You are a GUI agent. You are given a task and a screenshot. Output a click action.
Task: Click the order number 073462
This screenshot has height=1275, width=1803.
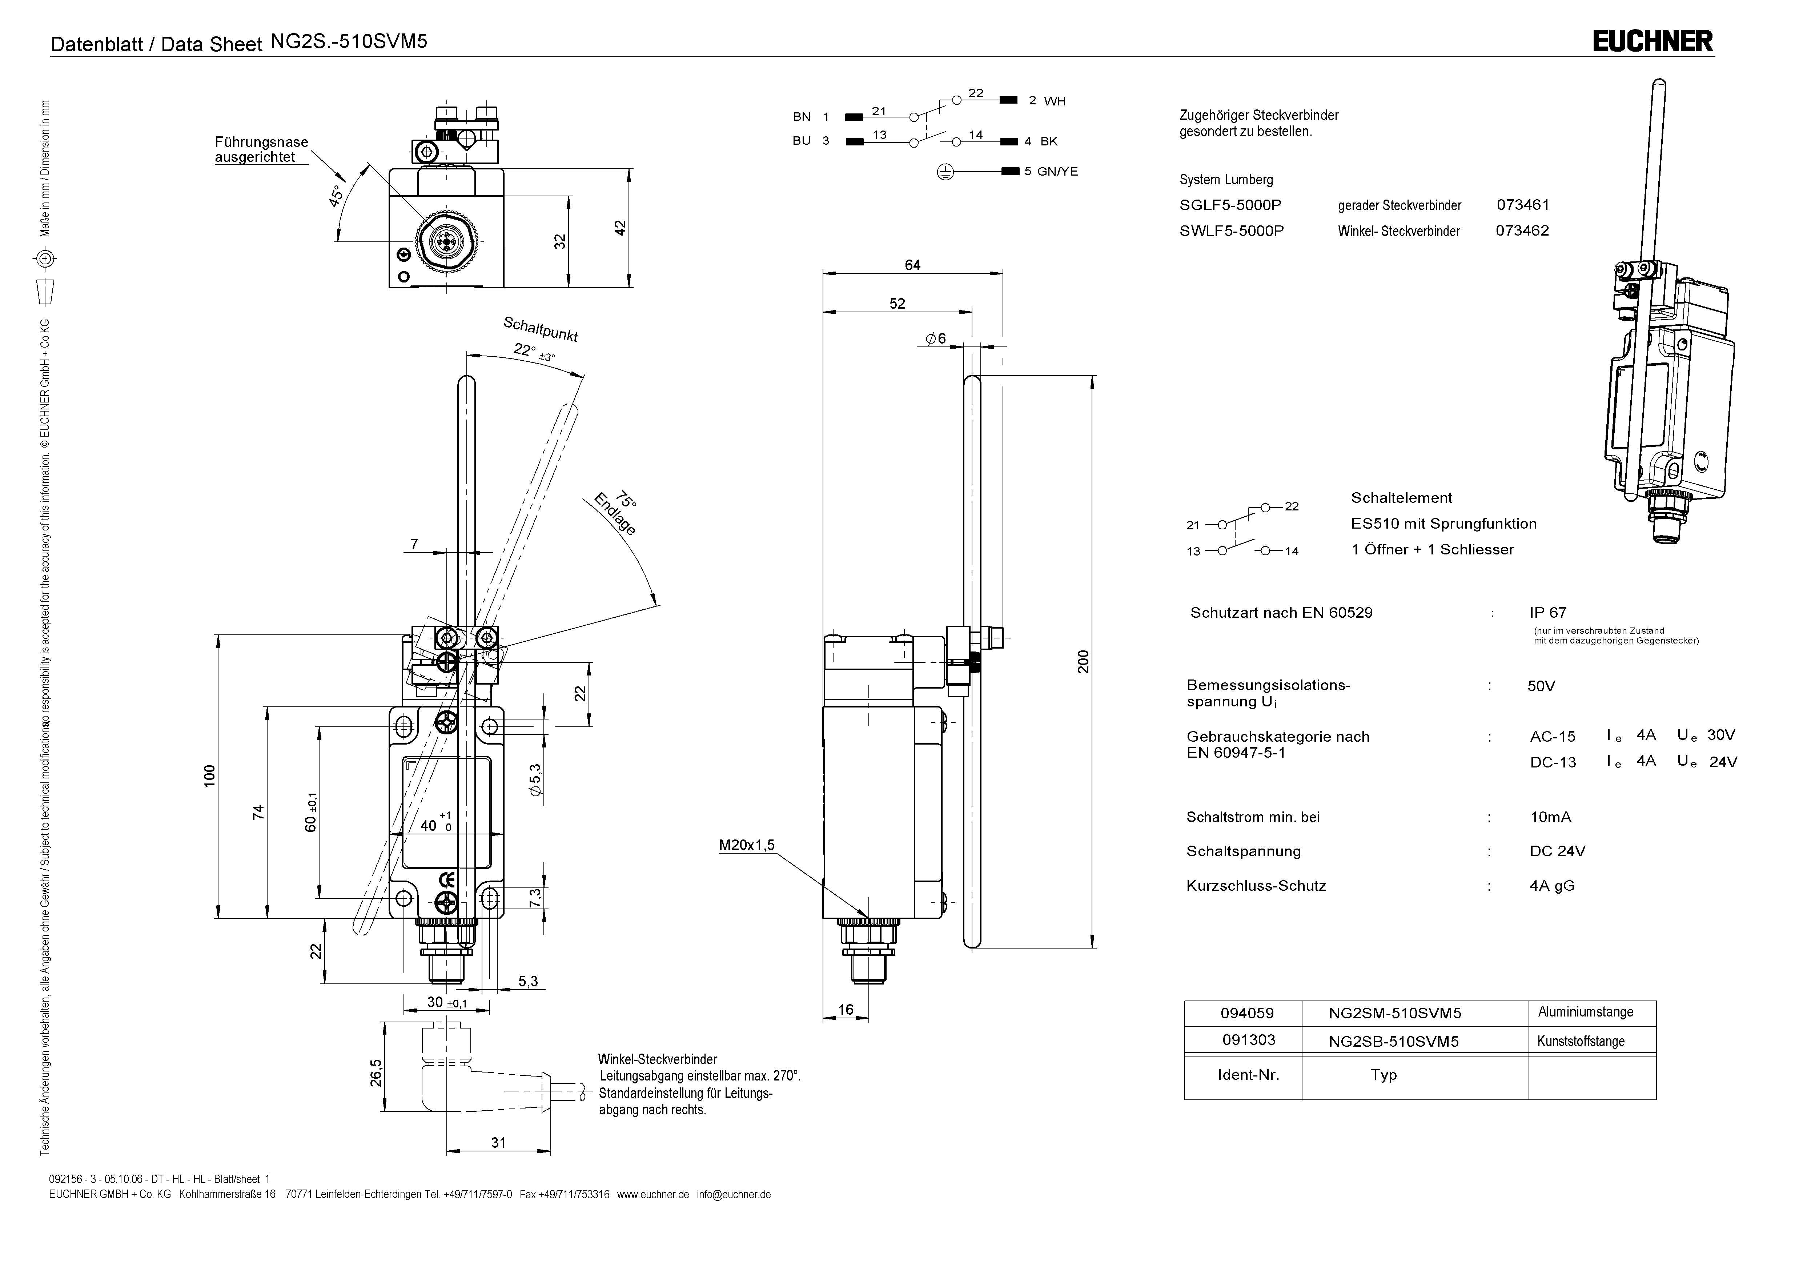[x=1522, y=230]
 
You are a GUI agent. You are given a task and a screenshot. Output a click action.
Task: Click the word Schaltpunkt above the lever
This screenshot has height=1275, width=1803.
[x=540, y=329]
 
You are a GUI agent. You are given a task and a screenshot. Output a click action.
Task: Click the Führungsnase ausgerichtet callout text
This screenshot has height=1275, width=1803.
[x=261, y=149]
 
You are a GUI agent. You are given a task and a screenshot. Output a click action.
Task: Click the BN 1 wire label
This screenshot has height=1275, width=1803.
[x=810, y=116]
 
